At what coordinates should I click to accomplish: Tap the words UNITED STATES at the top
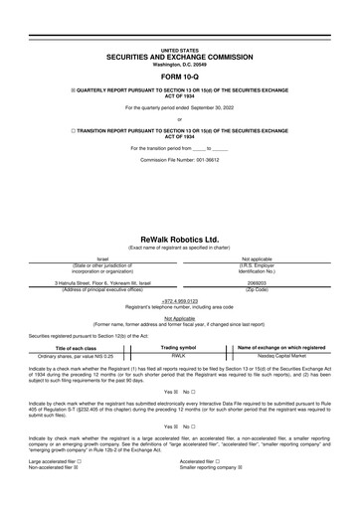179,48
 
